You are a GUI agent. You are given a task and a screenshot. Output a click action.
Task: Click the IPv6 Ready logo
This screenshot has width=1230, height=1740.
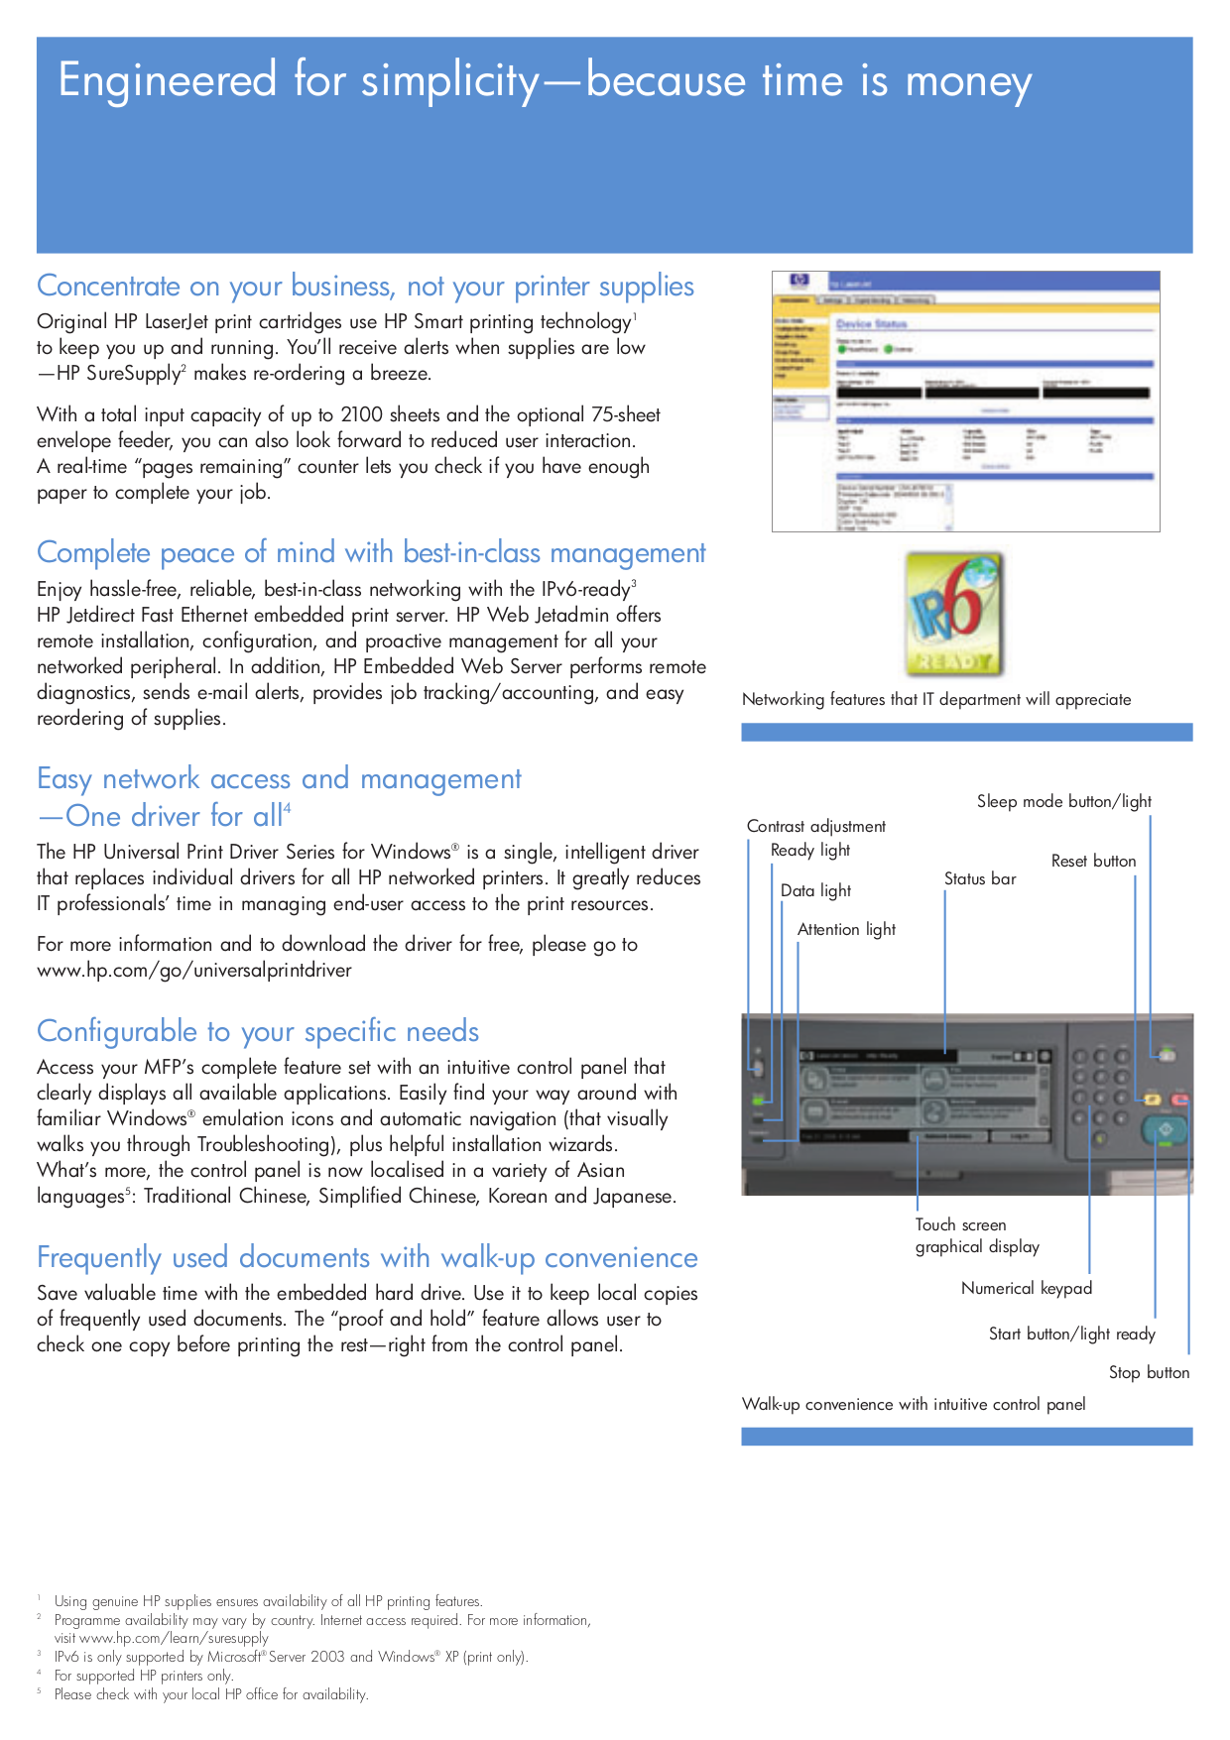[954, 615]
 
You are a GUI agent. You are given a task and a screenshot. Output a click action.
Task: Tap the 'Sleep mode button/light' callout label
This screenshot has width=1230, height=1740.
[1063, 801]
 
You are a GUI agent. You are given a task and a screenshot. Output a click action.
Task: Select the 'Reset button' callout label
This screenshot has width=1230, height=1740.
[1093, 861]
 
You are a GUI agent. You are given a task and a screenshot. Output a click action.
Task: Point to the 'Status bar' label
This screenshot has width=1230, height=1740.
[979, 878]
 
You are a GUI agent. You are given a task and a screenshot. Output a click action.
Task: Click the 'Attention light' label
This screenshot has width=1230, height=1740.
[846, 929]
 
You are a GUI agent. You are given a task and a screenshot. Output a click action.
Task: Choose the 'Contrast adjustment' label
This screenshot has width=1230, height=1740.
[815, 826]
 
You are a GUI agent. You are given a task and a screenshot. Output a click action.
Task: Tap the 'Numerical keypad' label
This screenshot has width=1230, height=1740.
[1026, 1288]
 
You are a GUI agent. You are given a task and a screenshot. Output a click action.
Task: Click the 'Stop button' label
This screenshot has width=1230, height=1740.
[1149, 1372]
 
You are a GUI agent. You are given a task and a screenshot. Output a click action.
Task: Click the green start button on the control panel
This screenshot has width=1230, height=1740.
[1165, 1129]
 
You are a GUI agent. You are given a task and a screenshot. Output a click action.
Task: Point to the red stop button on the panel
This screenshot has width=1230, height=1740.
[1180, 1100]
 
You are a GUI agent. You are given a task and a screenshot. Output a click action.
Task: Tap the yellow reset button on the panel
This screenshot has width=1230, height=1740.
[1152, 1100]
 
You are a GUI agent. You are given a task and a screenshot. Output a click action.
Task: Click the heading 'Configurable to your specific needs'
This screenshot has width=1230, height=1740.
[258, 1031]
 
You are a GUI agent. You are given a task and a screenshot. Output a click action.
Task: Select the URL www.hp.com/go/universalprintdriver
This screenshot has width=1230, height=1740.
[194, 970]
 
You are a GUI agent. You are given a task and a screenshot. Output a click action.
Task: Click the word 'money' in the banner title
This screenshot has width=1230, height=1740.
[968, 81]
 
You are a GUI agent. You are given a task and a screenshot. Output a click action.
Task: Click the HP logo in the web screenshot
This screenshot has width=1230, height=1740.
[799, 282]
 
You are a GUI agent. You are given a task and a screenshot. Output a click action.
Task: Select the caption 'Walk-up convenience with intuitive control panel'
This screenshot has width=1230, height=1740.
[913, 1404]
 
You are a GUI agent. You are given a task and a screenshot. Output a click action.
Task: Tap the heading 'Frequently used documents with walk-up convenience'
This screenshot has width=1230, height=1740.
[367, 1257]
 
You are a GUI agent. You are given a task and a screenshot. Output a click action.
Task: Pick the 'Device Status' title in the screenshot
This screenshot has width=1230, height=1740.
[871, 324]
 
